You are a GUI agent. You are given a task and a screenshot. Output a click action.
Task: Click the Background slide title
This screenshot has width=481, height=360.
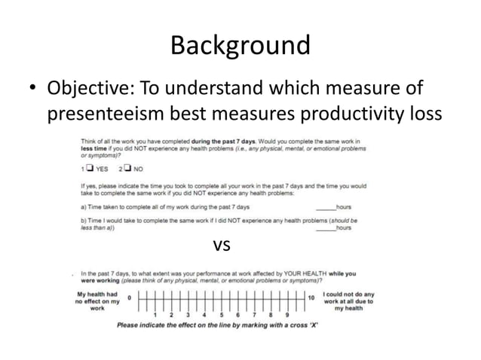pyautogui.click(x=240, y=45)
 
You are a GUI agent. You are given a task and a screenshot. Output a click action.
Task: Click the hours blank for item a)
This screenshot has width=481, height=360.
pyautogui.click(x=325, y=205)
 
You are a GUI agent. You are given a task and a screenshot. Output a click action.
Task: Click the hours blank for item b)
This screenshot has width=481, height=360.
pyautogui.click(x=325, y=227)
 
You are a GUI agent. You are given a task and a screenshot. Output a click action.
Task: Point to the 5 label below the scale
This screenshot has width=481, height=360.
pyautogui.click(x=221, y=315)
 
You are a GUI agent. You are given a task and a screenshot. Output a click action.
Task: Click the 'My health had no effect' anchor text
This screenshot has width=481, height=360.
pyautogui.click(x=97, y=301)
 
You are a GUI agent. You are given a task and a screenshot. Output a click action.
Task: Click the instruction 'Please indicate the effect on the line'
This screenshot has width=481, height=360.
pyautogui.click(x=217, y=325)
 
